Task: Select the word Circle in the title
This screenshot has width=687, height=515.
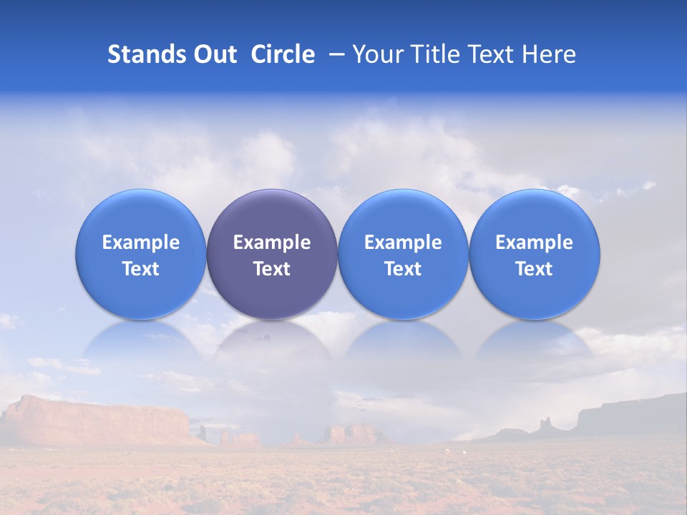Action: [x=283, y=54]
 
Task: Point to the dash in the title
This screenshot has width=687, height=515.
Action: [x=335, y=54]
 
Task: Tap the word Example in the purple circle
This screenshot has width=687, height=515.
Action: [x=272, y=242]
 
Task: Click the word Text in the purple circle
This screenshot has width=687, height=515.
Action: [x=272, y=269]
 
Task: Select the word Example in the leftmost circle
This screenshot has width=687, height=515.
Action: [x=141, y=242]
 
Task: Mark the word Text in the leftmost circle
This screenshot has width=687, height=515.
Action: [x=141, y=269]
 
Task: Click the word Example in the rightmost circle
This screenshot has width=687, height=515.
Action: [x=534, y=242]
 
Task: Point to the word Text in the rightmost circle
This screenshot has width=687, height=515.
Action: [x=534, y=269]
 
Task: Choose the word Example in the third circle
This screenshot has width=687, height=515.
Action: [x=403, y=242]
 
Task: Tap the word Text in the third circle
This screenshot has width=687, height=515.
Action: [x=403, y=269]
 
